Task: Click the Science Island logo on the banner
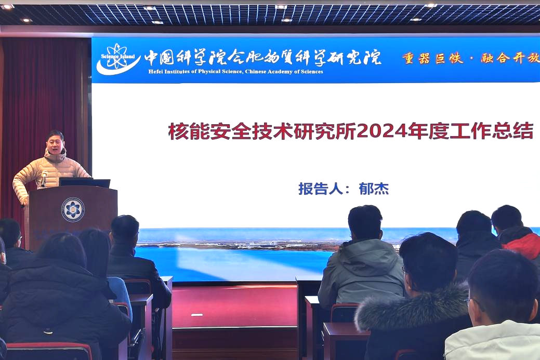coord(118,59)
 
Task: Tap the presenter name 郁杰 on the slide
coord(374,189)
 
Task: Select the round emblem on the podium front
coord(73,209)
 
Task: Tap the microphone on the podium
coord(44,178)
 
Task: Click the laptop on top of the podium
coord(85,182)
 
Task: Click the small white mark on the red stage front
coord(196,315)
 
